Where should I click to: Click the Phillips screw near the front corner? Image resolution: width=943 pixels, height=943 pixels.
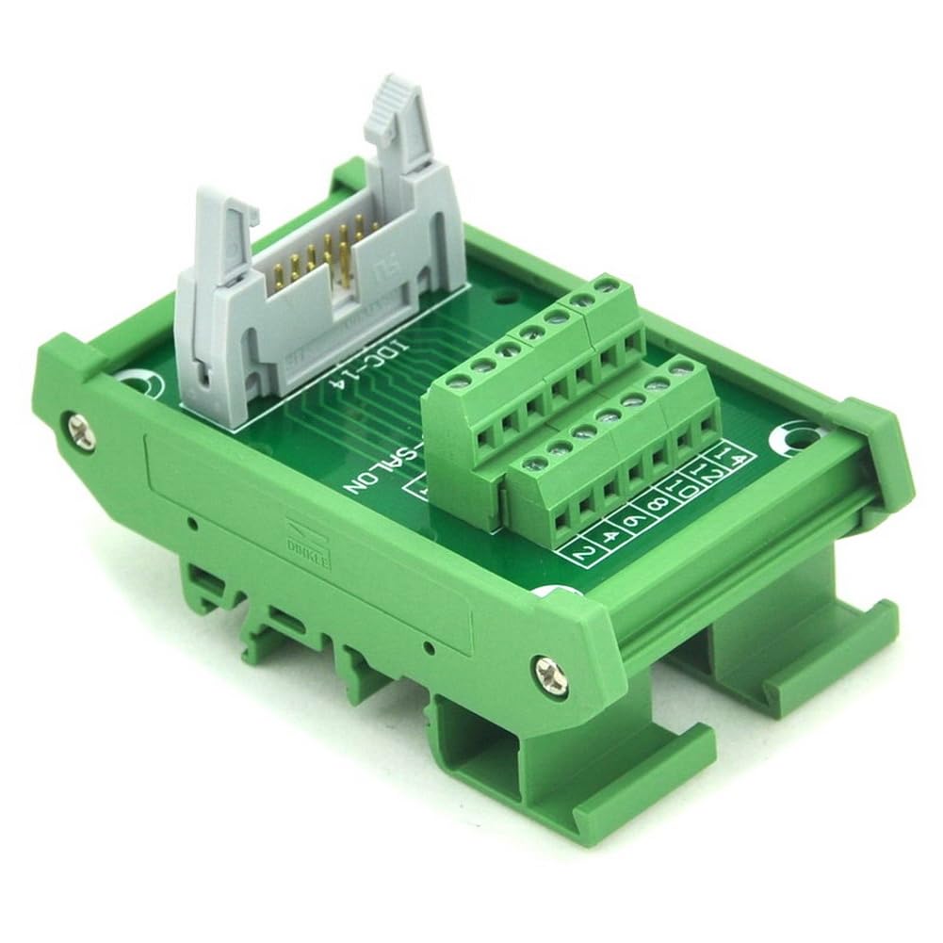click(x=550, y=675)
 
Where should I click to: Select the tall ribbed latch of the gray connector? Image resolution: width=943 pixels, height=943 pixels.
click(x=395, y=113)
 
